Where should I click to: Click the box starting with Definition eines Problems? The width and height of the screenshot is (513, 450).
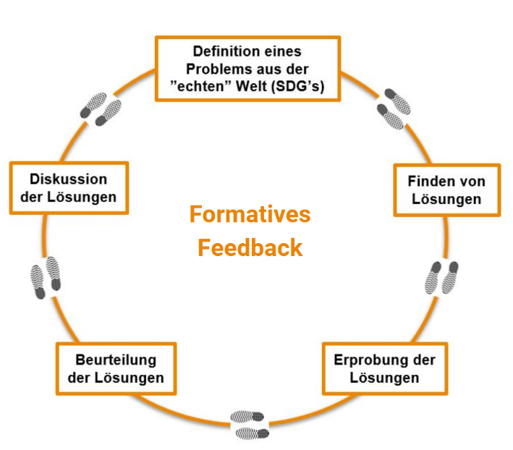(247, 69)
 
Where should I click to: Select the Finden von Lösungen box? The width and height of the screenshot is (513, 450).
(447, 190)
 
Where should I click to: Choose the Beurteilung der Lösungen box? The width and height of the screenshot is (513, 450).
(116, 368)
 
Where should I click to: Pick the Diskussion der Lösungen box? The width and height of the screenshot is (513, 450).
(69, 187)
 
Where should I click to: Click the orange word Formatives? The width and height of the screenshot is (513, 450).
(250, 214)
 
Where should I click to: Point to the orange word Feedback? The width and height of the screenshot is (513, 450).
(250, 248)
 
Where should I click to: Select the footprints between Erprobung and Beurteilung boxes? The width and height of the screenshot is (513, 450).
(250, 425)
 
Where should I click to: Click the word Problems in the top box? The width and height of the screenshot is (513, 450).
(219, 69)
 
